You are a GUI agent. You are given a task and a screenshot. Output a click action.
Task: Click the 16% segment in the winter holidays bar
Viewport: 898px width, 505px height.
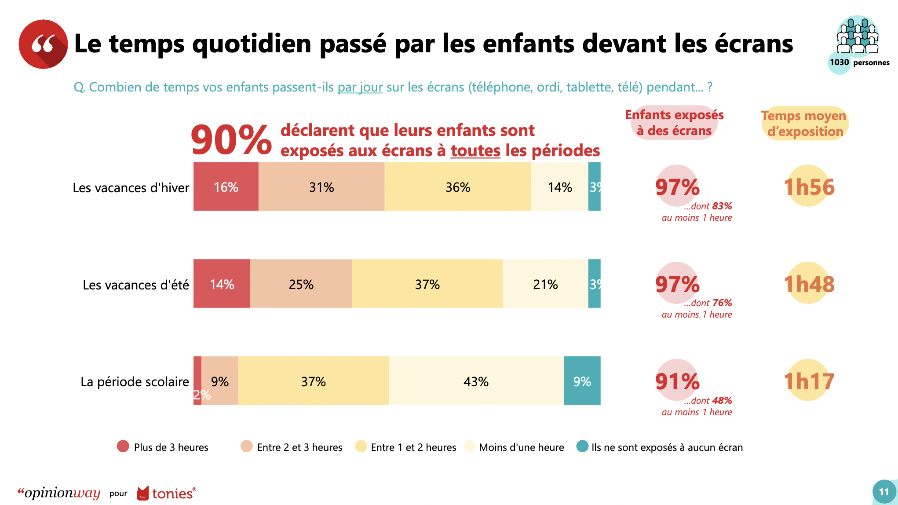click(226, 187)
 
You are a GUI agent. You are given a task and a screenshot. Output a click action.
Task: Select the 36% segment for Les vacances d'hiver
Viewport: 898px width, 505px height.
click(457, 187)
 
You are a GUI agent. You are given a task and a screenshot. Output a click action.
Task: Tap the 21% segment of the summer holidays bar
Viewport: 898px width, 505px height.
click(545, 284)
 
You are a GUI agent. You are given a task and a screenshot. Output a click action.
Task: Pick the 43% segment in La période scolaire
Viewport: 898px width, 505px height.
click(476, 381)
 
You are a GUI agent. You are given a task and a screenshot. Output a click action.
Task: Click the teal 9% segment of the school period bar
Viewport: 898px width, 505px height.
click(582, 381)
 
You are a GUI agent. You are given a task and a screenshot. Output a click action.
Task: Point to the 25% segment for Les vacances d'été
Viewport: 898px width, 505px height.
click(301, 284)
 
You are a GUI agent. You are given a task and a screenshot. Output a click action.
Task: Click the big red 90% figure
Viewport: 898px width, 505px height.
click(231, 140)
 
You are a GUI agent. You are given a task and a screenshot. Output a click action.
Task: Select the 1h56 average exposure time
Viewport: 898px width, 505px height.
click(809, 187)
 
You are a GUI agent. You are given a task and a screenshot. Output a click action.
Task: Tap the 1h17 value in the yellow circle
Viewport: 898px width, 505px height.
click(809, 381)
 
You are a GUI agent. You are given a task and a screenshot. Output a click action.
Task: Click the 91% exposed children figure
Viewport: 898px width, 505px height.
click(677, 381)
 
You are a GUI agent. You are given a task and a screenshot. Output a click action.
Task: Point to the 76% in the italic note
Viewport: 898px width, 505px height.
click(722, 303)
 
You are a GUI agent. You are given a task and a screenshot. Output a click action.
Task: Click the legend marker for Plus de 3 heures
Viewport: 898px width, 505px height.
click(123, 446)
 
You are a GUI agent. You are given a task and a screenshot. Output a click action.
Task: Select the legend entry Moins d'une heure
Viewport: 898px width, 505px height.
click(521, 447)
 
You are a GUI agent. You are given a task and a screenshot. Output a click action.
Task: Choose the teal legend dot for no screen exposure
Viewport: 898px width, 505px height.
click(582, 446)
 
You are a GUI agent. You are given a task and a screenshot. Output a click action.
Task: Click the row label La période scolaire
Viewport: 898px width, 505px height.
click(135, 382)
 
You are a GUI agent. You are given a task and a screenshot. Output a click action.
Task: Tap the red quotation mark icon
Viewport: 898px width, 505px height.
click(43, 44)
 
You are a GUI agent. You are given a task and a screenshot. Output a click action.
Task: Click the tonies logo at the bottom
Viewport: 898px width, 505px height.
click(166, 494)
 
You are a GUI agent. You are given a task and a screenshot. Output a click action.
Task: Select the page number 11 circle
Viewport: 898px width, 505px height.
click(884, 492)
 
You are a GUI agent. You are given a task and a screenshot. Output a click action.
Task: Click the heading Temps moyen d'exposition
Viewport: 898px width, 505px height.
click(804, 124)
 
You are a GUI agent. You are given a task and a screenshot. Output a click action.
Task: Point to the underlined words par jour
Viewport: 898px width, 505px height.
click(360, 87)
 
